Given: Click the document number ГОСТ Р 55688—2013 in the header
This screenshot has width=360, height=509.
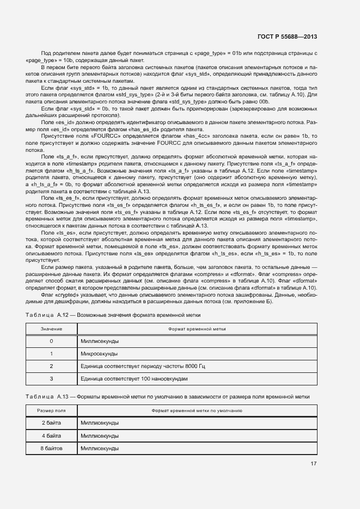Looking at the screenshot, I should [286, 37].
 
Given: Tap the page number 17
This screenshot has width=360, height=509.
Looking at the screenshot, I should [314, 464].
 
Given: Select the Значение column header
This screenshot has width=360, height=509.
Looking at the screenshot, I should [51, 329].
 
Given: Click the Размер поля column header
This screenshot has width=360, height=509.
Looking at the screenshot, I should [51, 410].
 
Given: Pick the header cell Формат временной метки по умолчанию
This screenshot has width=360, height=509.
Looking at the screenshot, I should [197, 410].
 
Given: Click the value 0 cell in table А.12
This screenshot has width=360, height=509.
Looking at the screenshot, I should [51, 341].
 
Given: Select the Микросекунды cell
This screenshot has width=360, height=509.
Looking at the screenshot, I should [99, 354].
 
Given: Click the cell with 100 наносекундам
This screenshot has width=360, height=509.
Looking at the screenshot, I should [133, 378].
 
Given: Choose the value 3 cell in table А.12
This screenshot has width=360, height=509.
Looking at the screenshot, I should [51, 378].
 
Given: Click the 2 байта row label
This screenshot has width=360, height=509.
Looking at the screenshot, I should [51, 423].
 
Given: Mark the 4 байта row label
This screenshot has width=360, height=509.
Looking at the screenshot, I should [51, 436].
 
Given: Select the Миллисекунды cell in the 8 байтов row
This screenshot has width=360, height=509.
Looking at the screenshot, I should [99, 448].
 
